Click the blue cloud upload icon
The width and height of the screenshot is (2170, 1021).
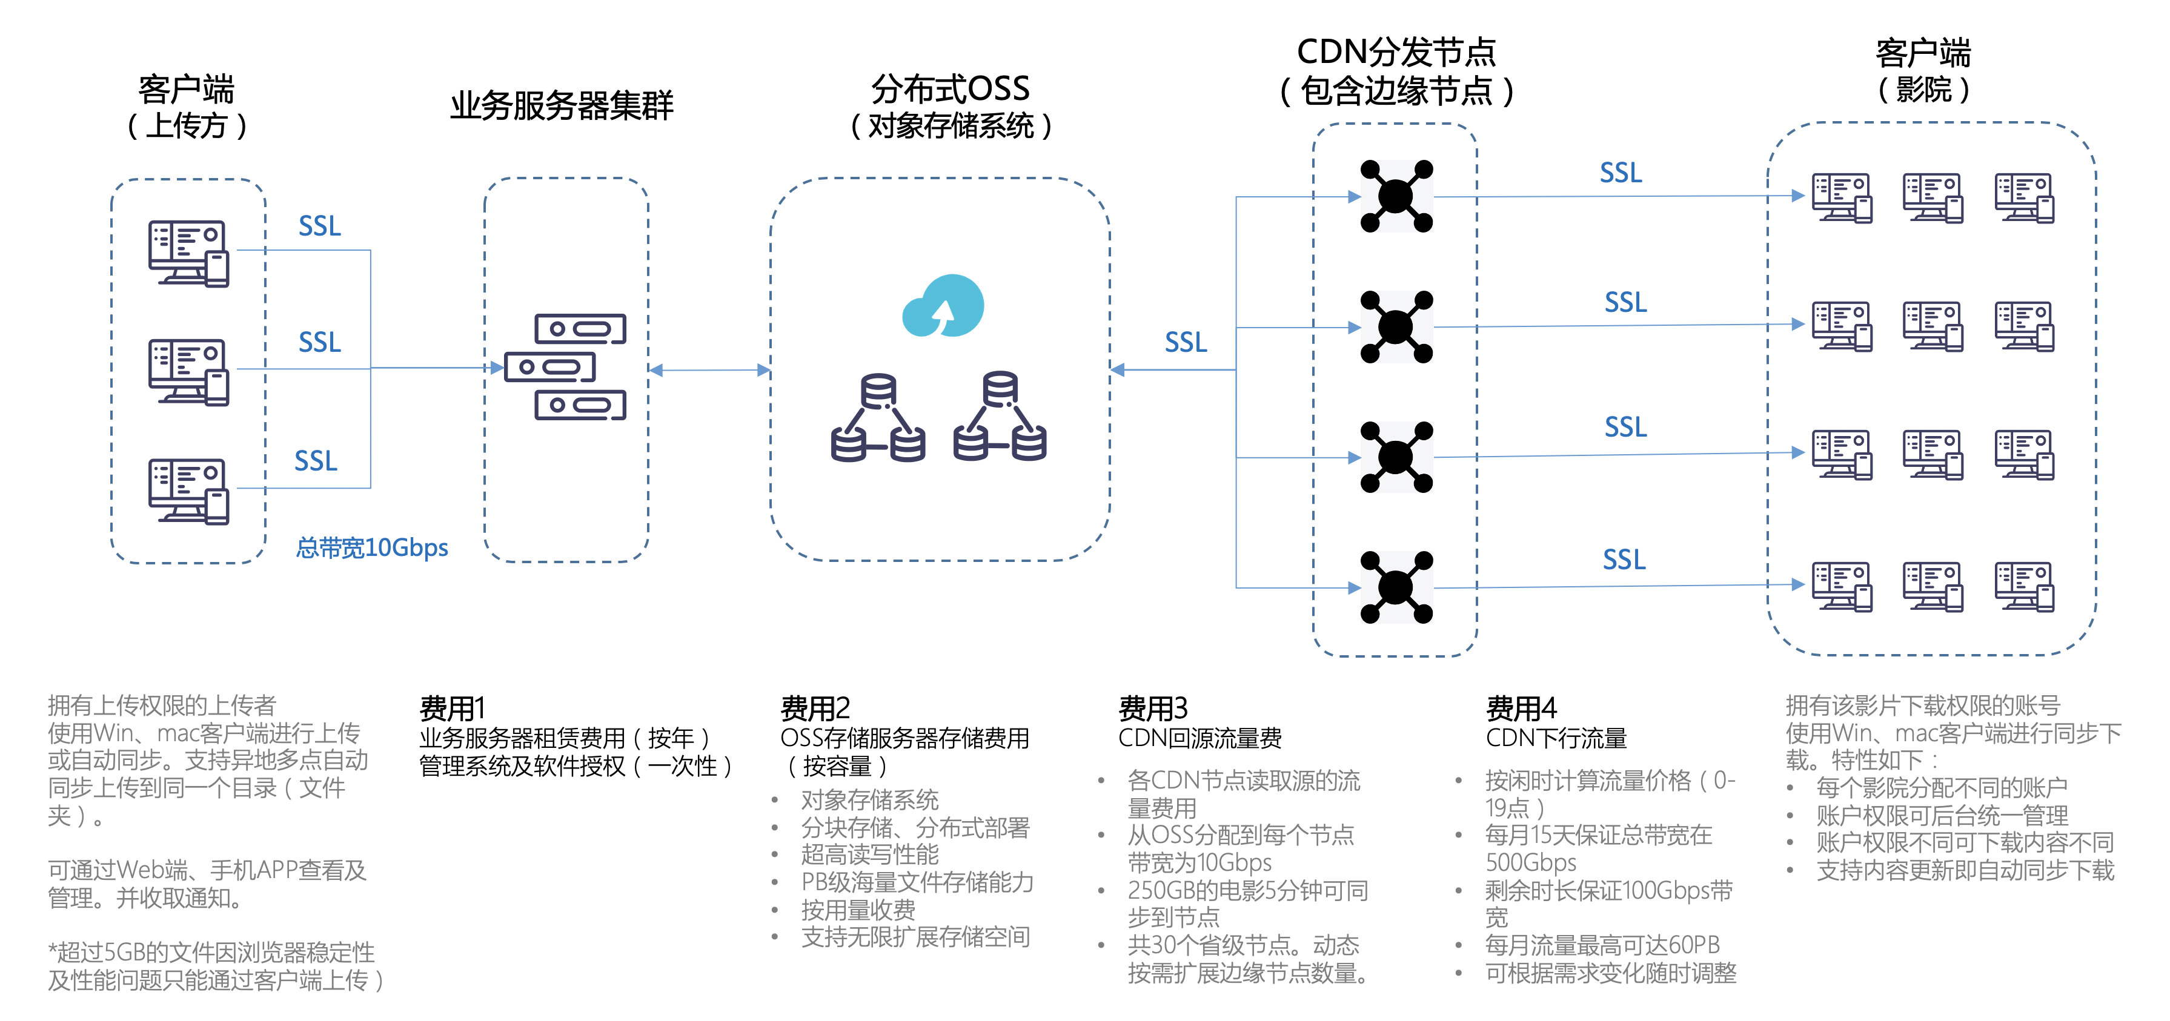click(x=943, y=306)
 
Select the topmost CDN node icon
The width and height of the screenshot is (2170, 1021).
click(x=1396, y=196)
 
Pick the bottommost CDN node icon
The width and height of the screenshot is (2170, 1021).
click(x=1396, y=587)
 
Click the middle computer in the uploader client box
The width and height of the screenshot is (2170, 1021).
click(x=188, y=372)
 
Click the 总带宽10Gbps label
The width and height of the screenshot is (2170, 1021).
click(x=371, y=547)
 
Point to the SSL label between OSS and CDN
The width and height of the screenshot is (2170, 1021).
click(x=1185, y=342)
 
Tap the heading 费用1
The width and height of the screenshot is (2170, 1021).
click(x=453, y=708)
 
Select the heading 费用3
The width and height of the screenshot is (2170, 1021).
click(x=1152, y=708)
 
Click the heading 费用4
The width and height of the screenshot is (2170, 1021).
click(x=1521, y=708)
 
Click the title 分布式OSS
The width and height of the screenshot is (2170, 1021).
click(x=951, y=88)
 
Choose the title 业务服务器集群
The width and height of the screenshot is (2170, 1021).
click(x=562, y=105)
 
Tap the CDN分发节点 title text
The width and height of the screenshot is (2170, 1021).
click(x=1396, y=52)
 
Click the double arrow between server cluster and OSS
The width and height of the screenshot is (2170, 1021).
click(x=709, y=370)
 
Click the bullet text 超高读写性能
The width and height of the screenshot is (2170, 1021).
click(x=869, y=854)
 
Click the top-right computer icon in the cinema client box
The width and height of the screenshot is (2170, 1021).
click(x=2024, y=198)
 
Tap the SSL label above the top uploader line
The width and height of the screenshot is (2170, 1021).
click(x=319, y=226)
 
